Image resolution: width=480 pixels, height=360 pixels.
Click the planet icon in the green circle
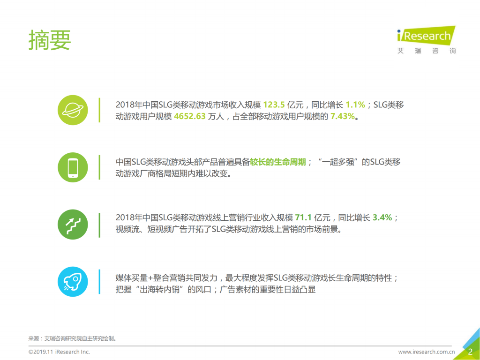pyautogui.click(x=73, y=110)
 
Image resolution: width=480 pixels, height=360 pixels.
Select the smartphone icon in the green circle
pyautogui.click(x=73, y=167)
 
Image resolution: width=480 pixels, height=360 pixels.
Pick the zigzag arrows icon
pyautogui.click(x=73, y=225)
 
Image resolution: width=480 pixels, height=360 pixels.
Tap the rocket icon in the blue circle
pyautogui.click(x=73, y=281)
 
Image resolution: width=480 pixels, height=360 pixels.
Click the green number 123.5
pyautogui.click(x=274, y=105)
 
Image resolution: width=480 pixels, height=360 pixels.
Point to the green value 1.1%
pyautogui.click(x=355, y=105)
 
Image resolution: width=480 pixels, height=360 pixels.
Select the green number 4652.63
pyautogui.click(x=190, y=117)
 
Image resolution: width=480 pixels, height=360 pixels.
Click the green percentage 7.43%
pyautogui.click(x=343, y=117)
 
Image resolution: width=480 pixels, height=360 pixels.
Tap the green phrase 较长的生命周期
pyautogui.click(x=278, y=162)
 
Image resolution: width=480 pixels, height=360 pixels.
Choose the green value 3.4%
pyautogui.click(x=382, y=218)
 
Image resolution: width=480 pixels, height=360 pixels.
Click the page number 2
pyautogui.click(x=470, y=352)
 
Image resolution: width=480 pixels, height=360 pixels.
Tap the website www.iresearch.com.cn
pyautogui.click(x=427, y=352)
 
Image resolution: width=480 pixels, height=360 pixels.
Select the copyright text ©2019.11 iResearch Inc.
pyautogui.click(x=59, y=352)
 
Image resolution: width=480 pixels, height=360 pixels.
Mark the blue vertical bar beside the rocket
pyautogui.click(x=99, y=281)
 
